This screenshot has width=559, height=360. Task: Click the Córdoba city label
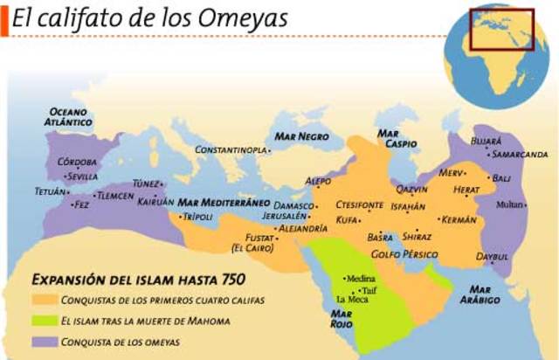(x=76, y=163)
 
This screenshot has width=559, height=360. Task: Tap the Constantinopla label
(x=230, y=150)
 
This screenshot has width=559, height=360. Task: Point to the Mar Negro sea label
(x=301, y=137)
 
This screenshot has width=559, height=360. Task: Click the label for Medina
(x=362, y=279)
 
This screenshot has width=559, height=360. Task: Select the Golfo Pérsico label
(x=404, y=254)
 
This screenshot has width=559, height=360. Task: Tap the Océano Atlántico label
(x=69, y=117)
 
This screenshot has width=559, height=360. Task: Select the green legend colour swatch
(x=45, y=321)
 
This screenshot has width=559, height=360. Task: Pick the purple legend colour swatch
(x=45, y=342)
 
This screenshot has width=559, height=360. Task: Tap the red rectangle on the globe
(x=501, y=29)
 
